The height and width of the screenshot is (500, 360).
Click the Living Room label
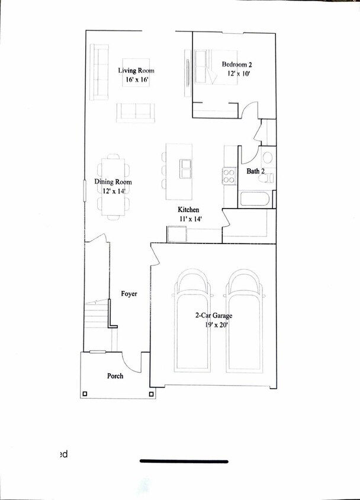point(136,70)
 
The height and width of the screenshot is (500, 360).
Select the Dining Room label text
point(113,182)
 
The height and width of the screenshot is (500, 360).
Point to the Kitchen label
point(189,210)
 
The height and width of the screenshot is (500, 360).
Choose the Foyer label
point(129,293)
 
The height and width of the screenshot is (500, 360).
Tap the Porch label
point(115,376)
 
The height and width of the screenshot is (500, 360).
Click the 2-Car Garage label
point(214,316)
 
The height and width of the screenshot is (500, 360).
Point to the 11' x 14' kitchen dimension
point(190,219)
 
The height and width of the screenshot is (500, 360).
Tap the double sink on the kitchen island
point(186,168)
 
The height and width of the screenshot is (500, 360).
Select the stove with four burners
point(229,175)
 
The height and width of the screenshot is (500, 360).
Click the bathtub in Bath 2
point(256,198)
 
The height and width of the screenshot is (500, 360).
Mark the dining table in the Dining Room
point(113,187)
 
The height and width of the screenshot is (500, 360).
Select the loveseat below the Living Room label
point(135,112)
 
